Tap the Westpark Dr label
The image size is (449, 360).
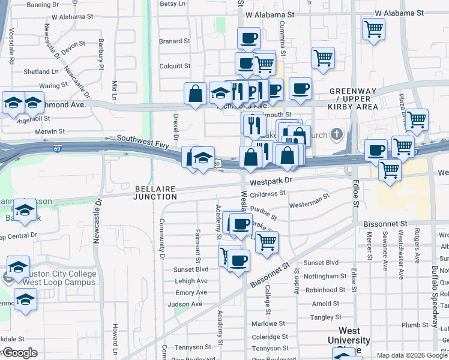271,179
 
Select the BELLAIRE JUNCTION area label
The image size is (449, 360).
155,193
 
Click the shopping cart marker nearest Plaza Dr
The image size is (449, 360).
416,119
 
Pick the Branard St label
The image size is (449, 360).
174,41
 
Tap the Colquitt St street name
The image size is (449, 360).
174,66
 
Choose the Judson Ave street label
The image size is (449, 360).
185,304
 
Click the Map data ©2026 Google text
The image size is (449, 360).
411,355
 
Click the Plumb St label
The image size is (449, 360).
414,325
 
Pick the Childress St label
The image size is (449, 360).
268,194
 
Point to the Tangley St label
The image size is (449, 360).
326,317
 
